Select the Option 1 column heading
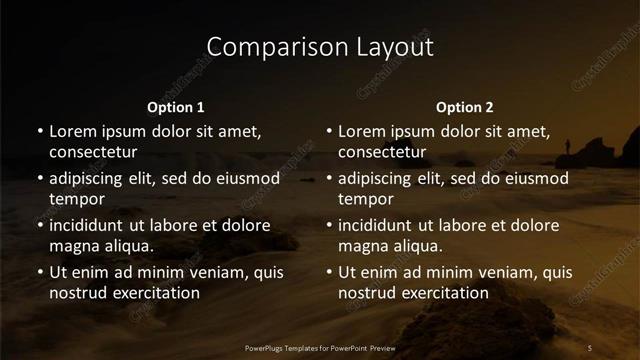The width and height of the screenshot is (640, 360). (176, 107)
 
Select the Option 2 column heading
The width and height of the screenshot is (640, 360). (465, 107)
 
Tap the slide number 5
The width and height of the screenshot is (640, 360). (590, 347)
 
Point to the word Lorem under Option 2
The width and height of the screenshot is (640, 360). (361, 131)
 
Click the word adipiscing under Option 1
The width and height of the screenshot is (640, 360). (89, 178)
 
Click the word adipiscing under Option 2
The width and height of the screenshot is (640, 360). (378, 178)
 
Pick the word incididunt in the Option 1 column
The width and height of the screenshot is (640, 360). (90, 225)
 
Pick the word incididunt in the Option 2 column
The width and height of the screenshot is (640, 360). (379, 225)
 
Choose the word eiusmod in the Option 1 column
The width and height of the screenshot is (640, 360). (247, 178)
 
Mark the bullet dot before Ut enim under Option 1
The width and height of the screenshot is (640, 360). (40, 272)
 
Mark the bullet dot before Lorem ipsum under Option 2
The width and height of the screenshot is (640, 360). (329, 131)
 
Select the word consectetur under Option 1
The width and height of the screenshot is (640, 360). (93, 152)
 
